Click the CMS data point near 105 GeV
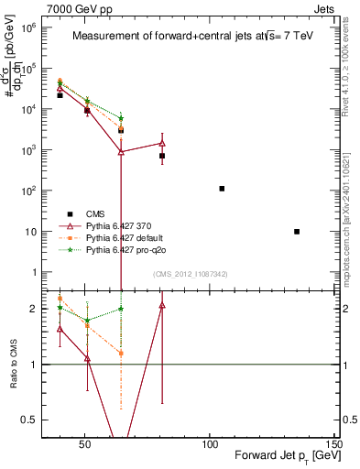(222, 189)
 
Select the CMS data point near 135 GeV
(297, 232)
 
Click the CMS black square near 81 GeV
(162, 156)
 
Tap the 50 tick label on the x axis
(84, 447)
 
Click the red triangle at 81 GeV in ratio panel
(162, 306)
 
